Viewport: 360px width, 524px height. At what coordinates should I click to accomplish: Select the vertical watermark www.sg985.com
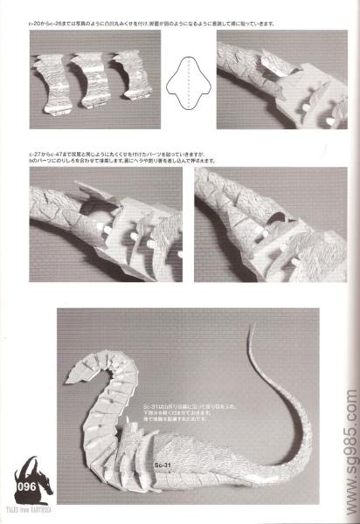coord(349,427)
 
